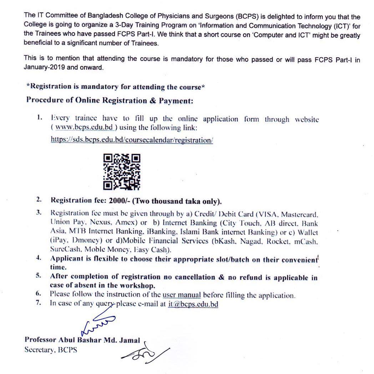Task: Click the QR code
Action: [x=122, y=171]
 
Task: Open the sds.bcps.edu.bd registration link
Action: [x=132, y=140]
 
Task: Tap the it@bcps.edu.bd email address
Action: [x=193, y=304]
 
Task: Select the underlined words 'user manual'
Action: [x=182, y=295]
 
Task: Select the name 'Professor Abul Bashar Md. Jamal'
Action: [x=82, y=340]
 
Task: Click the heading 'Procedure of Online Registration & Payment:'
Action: [x=110, y=100]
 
